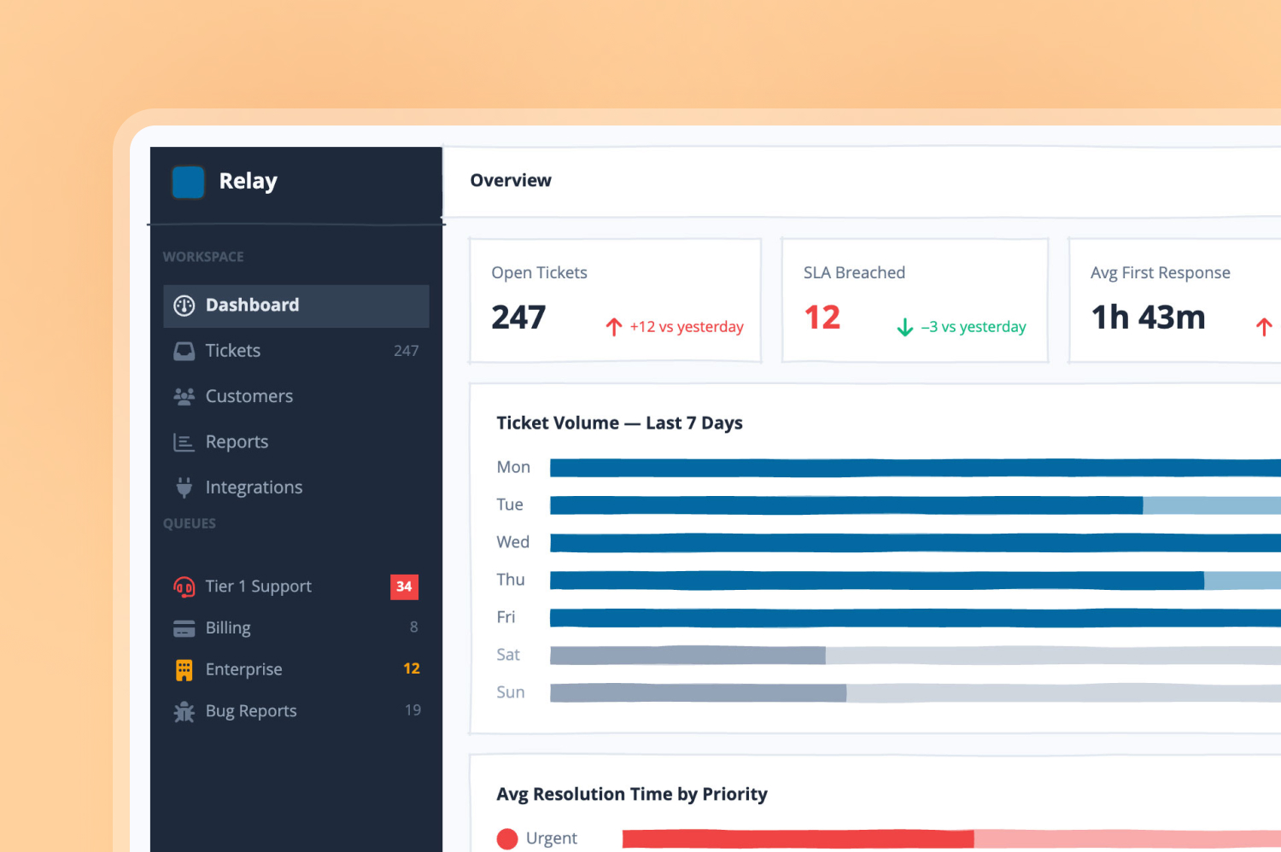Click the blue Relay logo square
[x=188, y=182]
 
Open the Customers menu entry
[x=249, y=396]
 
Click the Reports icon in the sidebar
[x=184, y=442]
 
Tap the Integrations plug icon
[x=184, y=487]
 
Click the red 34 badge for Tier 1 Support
[x=404, y=586]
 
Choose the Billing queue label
[x=228, y=627]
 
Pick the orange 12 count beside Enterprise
[x=411, y=668]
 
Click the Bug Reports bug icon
[x=184, y=711]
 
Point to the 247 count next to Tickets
[x=406, y=351]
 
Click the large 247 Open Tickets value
[x=518, y=318]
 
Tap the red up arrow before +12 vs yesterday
[x=614, y=327]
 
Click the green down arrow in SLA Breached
[x=904, y=327]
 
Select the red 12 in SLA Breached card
[x=822, y=318]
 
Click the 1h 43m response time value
[x=1148, y=318]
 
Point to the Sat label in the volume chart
[x=508, y=655]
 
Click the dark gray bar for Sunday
[x=699, y=693]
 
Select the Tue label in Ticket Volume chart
[x=510, y=505]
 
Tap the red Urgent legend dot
[x=507, y=839]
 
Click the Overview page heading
[x=511, y=181]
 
